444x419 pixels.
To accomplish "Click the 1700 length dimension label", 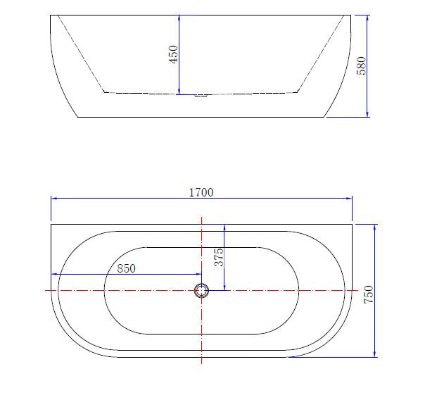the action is point(201,193).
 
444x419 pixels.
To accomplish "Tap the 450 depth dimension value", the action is point(173,54).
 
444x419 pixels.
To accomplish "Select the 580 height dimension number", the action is point(361,65).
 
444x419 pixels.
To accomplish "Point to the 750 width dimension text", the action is point(369,294).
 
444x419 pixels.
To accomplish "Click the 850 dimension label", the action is point(126,268).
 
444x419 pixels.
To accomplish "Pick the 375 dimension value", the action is point(219,257).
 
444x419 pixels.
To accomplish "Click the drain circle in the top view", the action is point(201,291).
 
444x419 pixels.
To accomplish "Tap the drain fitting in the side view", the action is point(201,96).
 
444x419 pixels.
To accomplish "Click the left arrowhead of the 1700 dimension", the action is point(54,199).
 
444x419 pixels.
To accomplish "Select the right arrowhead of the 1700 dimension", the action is point(349,199).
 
